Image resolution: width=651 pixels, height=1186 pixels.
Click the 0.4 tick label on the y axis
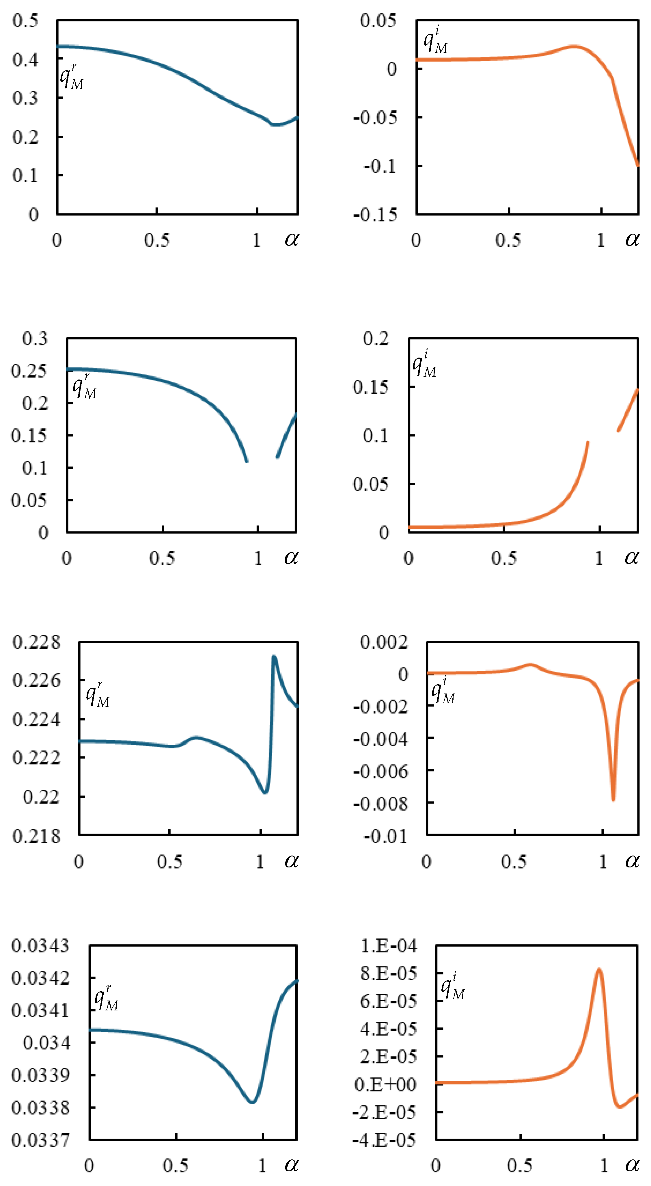[x=25, y=59]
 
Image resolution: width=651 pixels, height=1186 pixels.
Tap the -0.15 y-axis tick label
[x=375, y=215]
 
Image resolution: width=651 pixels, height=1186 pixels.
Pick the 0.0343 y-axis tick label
[x=40, y=947]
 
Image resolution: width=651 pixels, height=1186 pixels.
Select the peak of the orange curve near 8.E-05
[x=599, y=970]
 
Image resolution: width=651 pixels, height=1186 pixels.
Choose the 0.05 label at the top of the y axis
[x=378, y=21]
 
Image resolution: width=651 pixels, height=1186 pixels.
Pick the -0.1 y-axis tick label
[x=380, y=166]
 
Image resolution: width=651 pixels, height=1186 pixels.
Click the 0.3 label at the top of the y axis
[x=35, y=339]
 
